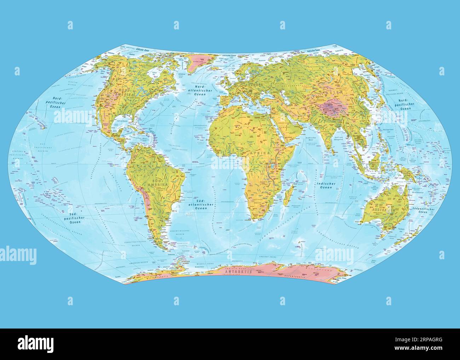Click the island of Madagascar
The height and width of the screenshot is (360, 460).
click(x=289, y=194)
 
